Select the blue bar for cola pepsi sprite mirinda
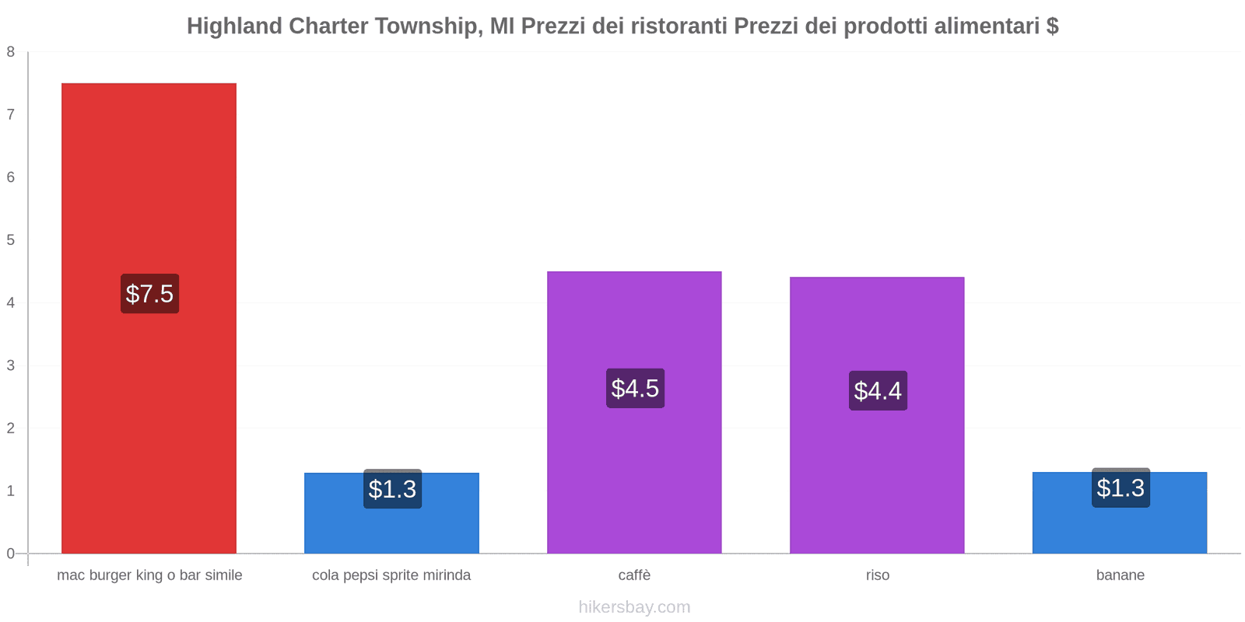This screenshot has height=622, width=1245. tap(391, 529)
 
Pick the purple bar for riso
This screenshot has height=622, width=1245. tap(877, 327)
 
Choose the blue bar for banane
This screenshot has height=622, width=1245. tap(1120, 529)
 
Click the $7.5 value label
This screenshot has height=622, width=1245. tap(149, 294)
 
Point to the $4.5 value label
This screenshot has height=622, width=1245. tap(635, 388)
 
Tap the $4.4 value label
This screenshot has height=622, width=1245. tap(878, 390)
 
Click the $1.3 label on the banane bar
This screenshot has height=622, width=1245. tap(1120, 488)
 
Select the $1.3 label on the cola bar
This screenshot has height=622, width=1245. tap(392, 489)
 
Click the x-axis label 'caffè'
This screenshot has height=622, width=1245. tap(634, 575)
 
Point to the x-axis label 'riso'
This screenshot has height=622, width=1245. tap(878, 575)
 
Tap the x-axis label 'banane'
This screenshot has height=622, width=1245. tap(1120, 575)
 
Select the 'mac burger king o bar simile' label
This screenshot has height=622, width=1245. tap(149, 575)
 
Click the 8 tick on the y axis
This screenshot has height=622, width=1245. tap(11, 52)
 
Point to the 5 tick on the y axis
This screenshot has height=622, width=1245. tap(11, 240)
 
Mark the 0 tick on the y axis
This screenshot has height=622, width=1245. tap(11, 554)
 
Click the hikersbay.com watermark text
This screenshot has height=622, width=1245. tap(634, 607)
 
